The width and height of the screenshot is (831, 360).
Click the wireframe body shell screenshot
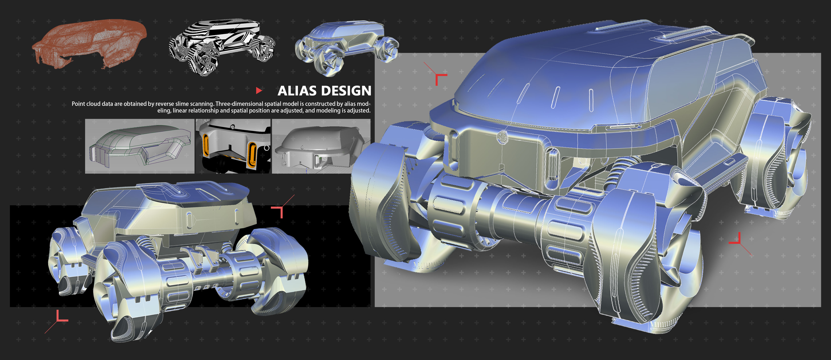point(140,146)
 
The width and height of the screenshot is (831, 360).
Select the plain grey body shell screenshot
point(321,146)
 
